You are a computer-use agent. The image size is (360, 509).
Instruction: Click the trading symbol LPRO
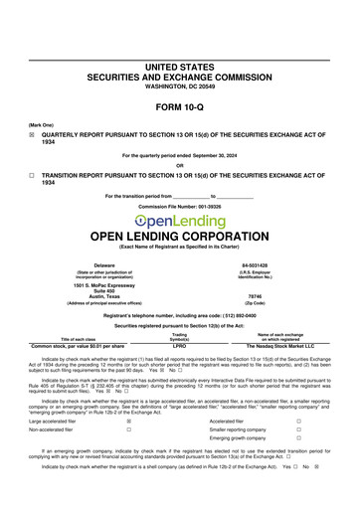click(x=180, y=346)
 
